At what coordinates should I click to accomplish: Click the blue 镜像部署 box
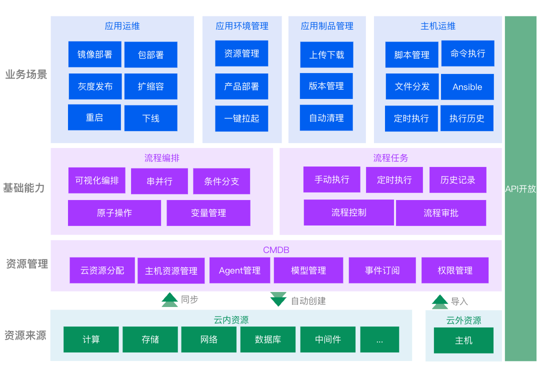[94, 54]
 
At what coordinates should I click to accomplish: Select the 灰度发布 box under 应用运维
[94, 86]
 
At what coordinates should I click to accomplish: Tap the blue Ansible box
[467, 87]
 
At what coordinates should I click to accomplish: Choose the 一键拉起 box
[241, 118]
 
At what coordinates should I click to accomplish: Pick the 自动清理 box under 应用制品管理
[326, 118]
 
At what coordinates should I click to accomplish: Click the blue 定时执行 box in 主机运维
[411, 118]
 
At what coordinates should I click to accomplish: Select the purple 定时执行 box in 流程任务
[394, 180]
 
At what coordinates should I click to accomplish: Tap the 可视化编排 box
[97, 180]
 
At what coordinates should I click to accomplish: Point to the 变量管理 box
[208, 213]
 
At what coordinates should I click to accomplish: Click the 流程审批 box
[440, 213]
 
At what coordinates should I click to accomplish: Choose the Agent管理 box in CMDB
[239, 270]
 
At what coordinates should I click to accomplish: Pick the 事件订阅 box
[382, 270]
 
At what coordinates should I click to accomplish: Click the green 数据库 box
[267, 339]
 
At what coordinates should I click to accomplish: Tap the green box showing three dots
[379, 339]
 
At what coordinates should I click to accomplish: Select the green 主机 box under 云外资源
[463, 340]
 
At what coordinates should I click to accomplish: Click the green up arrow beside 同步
[169, 299]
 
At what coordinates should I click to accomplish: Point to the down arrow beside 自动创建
[278, 299]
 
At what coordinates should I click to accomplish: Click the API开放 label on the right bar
[520, 189]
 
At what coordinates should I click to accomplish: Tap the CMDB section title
[276, 250]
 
